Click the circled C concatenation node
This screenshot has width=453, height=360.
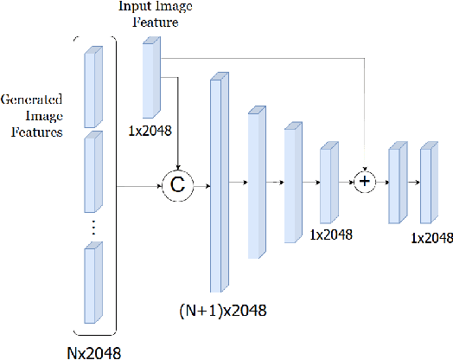point(176,184)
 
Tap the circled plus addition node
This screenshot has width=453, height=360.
point(365,183)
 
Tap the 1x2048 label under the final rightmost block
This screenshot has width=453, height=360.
point(431,237)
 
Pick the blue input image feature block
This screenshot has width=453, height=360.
point(152,79)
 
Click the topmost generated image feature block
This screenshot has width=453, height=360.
point(92,86)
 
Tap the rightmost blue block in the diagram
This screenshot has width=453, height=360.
point(425,183)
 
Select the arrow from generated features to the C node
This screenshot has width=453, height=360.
point(138,184)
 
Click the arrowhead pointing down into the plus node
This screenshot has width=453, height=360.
point(365,168)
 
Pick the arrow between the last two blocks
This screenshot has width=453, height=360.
point(412,183)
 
